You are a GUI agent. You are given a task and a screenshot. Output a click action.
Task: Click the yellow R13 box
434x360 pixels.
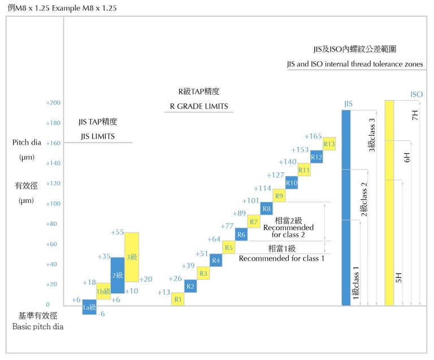(329, 144)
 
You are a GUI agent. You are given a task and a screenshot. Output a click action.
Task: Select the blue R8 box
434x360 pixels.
(267, 209)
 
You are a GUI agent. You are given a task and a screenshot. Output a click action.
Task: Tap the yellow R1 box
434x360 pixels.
(177, 299)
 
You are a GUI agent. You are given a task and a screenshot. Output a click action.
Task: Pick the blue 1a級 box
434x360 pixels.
(89, 307)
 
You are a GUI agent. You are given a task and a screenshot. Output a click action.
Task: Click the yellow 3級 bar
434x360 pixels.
(132, 257)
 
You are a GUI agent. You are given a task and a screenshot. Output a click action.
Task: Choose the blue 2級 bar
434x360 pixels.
(118, 275)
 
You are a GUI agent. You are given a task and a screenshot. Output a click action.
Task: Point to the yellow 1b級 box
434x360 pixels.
(103, 290)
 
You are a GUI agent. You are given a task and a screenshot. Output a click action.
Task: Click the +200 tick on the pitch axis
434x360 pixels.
(53, 103)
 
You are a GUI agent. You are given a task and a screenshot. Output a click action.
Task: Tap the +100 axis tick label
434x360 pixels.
(53, 203)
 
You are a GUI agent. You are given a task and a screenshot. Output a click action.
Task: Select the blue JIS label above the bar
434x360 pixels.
(348, 104)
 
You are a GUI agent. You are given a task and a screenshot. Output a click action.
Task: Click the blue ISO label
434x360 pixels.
(416, 94)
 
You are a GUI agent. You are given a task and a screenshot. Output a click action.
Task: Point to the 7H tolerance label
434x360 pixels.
(415, 116)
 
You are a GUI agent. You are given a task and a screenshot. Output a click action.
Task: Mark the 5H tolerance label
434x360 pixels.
(399, 277)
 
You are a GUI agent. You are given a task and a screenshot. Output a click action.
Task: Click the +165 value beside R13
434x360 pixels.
(313, 136)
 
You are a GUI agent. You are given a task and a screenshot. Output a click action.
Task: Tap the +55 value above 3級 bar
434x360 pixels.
(117, 232)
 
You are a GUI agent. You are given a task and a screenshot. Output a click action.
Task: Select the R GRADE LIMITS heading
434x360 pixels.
(198, 106)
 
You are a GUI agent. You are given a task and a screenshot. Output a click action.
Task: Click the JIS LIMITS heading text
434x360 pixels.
(98, 136)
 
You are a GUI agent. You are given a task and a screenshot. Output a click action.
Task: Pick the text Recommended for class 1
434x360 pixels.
(281, 258)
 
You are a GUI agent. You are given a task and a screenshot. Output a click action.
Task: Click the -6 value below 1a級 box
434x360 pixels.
(101, 314)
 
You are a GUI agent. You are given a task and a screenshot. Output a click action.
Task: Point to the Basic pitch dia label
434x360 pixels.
(37, 327)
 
